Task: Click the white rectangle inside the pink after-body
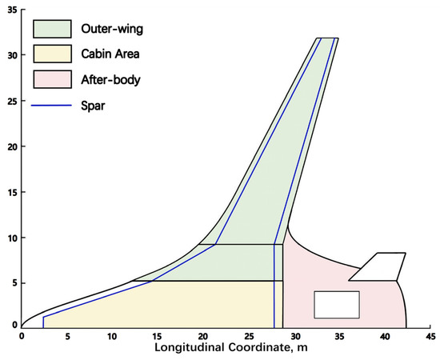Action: tap(336, 305)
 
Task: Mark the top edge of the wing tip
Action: tap(327, 38)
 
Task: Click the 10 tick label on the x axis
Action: tap(113, 337)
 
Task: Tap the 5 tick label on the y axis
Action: tap(12, 283)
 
